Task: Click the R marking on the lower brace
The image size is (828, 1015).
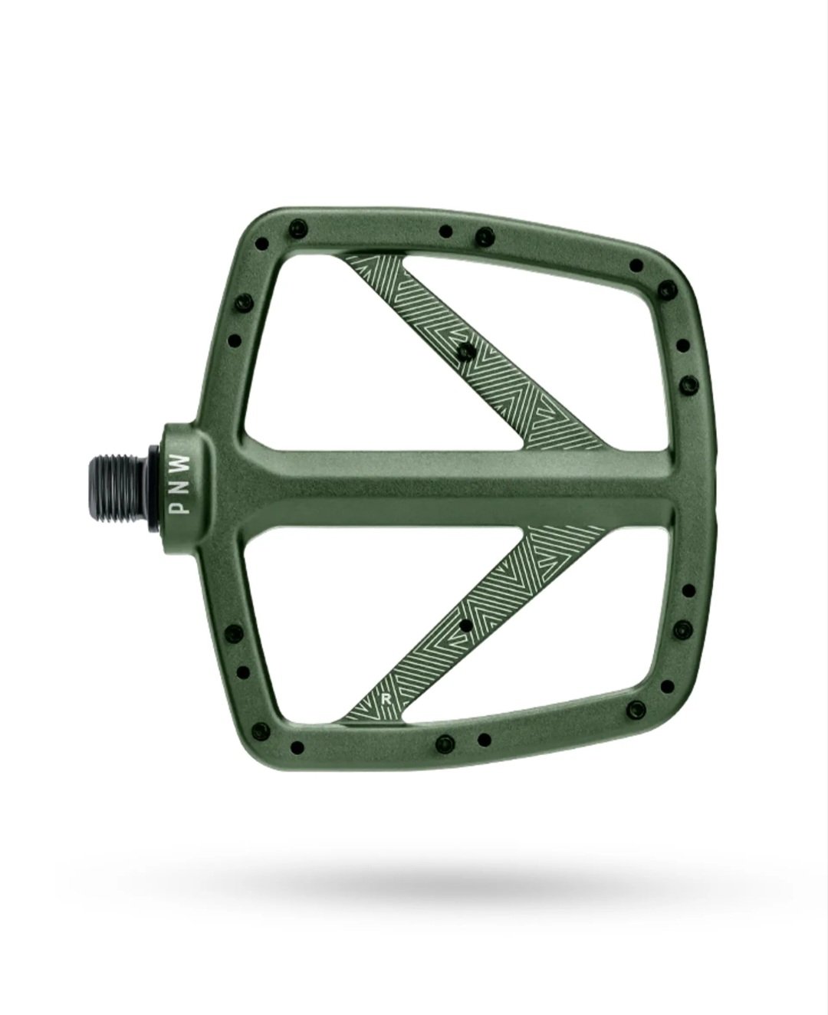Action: (385, 700)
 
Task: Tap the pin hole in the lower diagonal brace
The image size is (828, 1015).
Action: (465, 626)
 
